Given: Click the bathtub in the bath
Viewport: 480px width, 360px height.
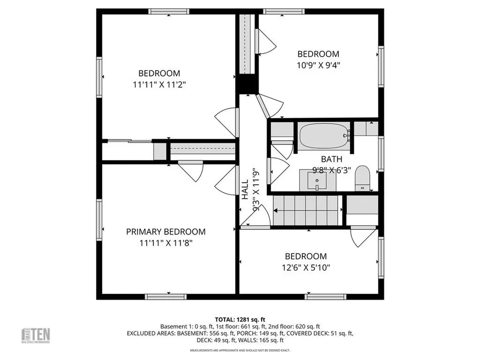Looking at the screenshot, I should [324, 135].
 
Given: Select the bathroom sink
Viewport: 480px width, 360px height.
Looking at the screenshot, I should [317, 180].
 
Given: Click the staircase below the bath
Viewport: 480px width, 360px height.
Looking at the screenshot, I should [306, 210].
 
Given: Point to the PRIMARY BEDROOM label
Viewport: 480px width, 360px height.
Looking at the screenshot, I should [166, 232].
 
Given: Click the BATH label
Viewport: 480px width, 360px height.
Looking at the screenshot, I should [331, 159].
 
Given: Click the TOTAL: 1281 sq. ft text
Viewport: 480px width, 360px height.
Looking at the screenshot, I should [240, 319].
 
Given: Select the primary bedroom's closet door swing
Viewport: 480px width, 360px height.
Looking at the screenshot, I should [191, 171].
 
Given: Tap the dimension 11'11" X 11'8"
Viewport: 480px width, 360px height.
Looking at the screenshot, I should [166, 243].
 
